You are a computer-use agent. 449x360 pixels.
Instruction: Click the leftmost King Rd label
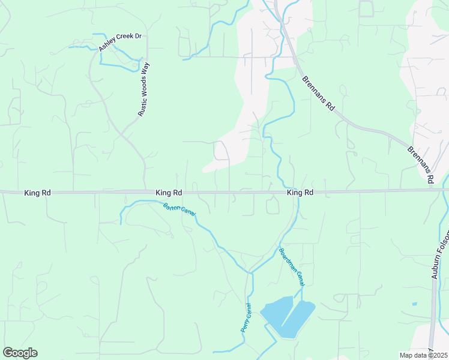point(37,193)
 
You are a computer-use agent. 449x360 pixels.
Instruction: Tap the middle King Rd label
point(169,193)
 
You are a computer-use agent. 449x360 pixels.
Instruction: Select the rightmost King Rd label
point(300,193)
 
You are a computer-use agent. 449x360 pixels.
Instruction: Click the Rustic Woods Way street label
point(143,88)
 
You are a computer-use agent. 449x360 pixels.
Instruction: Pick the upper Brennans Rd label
point(318,93)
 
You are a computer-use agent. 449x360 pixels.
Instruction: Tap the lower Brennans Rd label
point(421,165)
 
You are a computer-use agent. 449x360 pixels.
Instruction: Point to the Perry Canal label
point(245,319)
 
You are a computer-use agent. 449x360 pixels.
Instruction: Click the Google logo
point(20,353)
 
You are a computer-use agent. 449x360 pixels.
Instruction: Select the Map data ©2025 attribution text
point(424,355)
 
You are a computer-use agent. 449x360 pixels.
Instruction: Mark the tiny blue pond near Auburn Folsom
point(414,304)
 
